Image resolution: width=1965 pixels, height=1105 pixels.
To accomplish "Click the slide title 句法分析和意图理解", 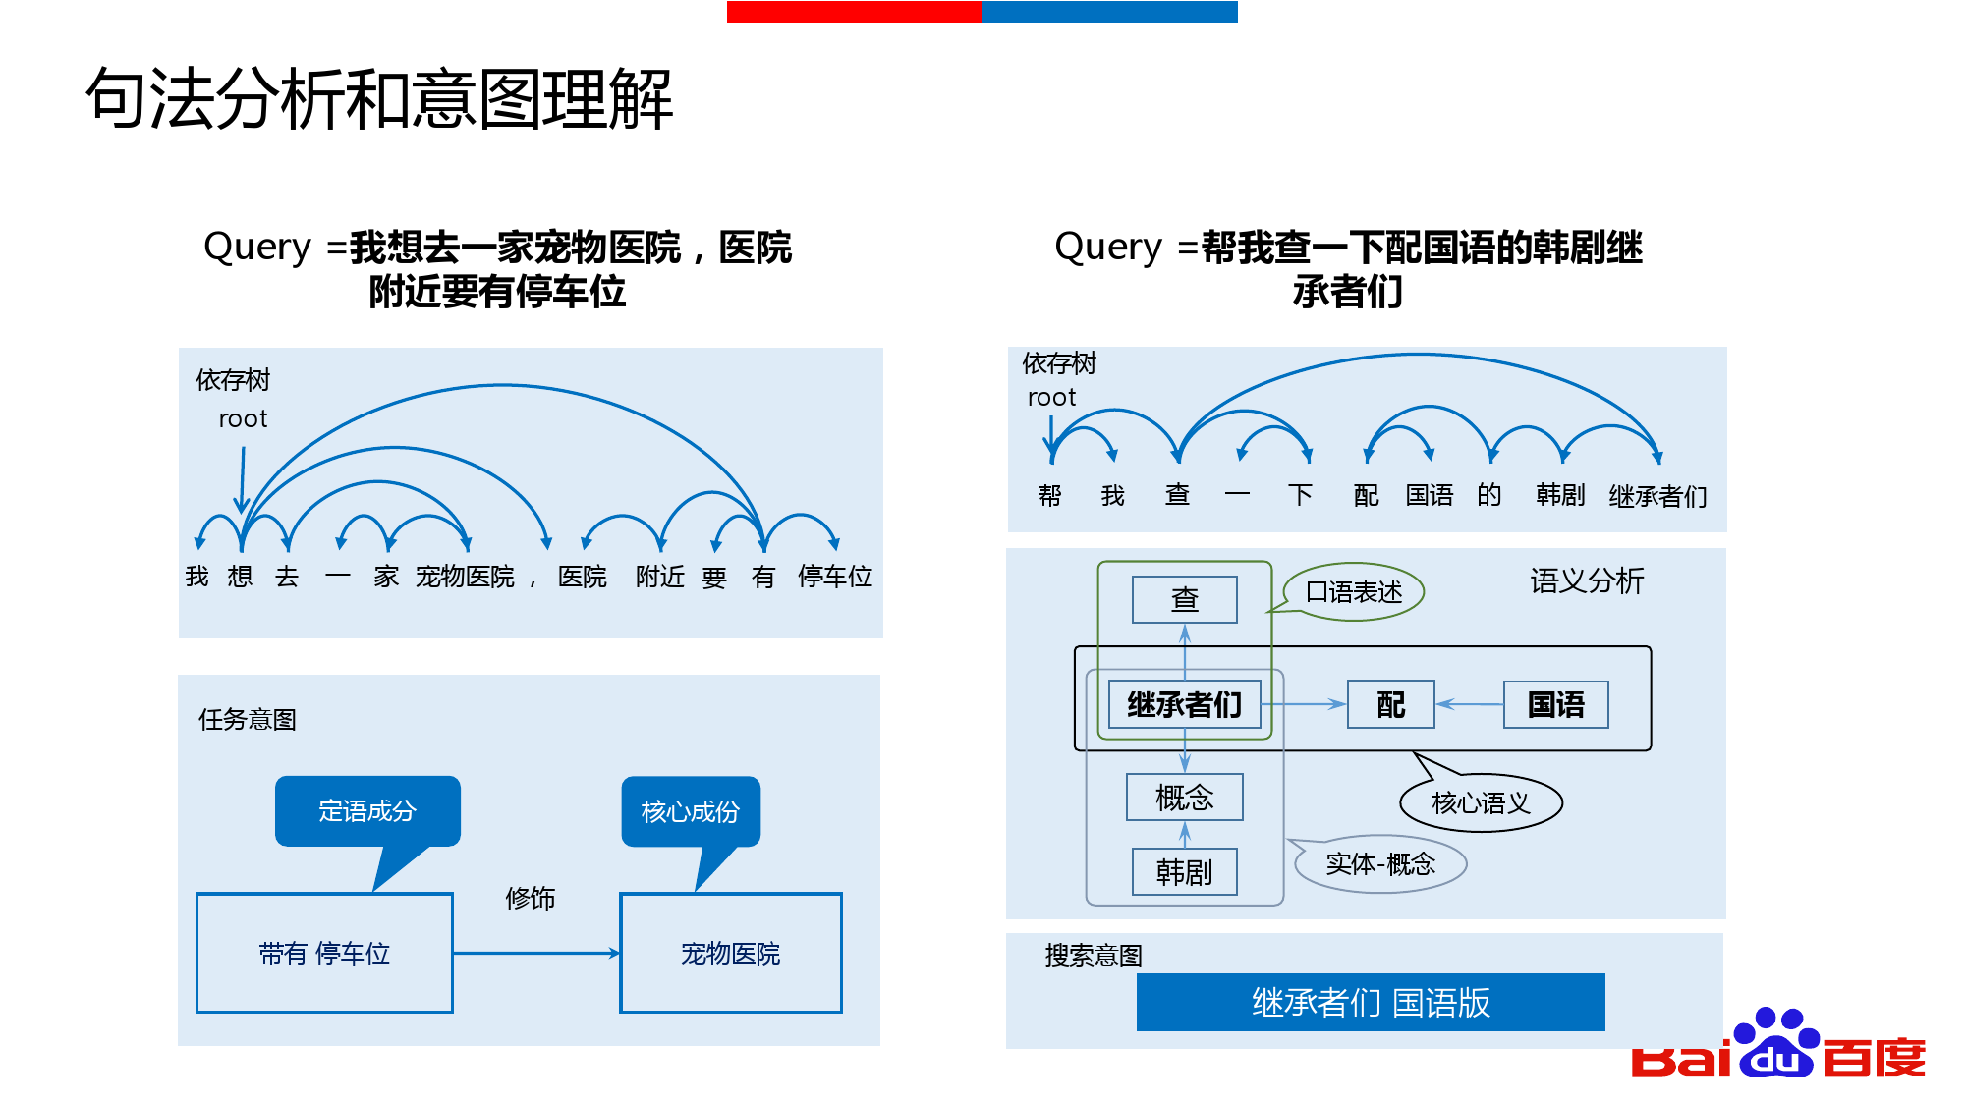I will (x=379, y=99).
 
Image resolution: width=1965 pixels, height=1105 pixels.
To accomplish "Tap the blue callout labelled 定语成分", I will (x=367, y=811).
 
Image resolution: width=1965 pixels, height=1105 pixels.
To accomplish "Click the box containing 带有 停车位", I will (x=324, y=953).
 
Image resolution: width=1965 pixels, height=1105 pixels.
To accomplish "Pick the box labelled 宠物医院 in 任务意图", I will (x=731, y=953).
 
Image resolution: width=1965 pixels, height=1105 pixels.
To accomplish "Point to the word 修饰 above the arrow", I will (x=531, y=898).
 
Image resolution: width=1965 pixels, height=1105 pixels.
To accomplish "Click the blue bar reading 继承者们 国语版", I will (x=1371, y=1003).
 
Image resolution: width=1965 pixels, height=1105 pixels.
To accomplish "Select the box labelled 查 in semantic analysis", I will (x=1185, y=599).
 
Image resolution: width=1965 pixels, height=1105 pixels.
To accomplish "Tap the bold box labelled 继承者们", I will (x=1185, y=704).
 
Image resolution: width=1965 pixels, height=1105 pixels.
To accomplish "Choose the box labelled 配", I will (x=1391, y=704).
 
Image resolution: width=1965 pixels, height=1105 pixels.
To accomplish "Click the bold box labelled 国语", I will (x=1556, y=704).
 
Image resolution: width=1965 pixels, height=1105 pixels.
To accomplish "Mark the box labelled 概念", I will (x=1185, y=797).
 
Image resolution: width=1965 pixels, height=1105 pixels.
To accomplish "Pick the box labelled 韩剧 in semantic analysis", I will (x=1185, y=872).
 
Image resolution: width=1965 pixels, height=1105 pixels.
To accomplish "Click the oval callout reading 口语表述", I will (x=1354, y=592).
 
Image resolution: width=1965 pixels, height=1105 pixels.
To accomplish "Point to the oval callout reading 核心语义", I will (x=1482, y=803).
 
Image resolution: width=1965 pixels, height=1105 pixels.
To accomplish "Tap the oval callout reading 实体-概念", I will (x=1380, y=864).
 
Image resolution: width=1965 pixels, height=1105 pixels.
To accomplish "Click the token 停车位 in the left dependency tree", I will (x=835, y=577).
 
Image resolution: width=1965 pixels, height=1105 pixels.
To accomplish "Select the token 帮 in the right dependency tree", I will (x=1050, y=496).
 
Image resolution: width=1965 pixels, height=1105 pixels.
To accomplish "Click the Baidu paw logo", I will (x=1776, y=1044).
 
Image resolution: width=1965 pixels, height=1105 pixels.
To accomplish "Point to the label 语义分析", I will (x=1587, y=580).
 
